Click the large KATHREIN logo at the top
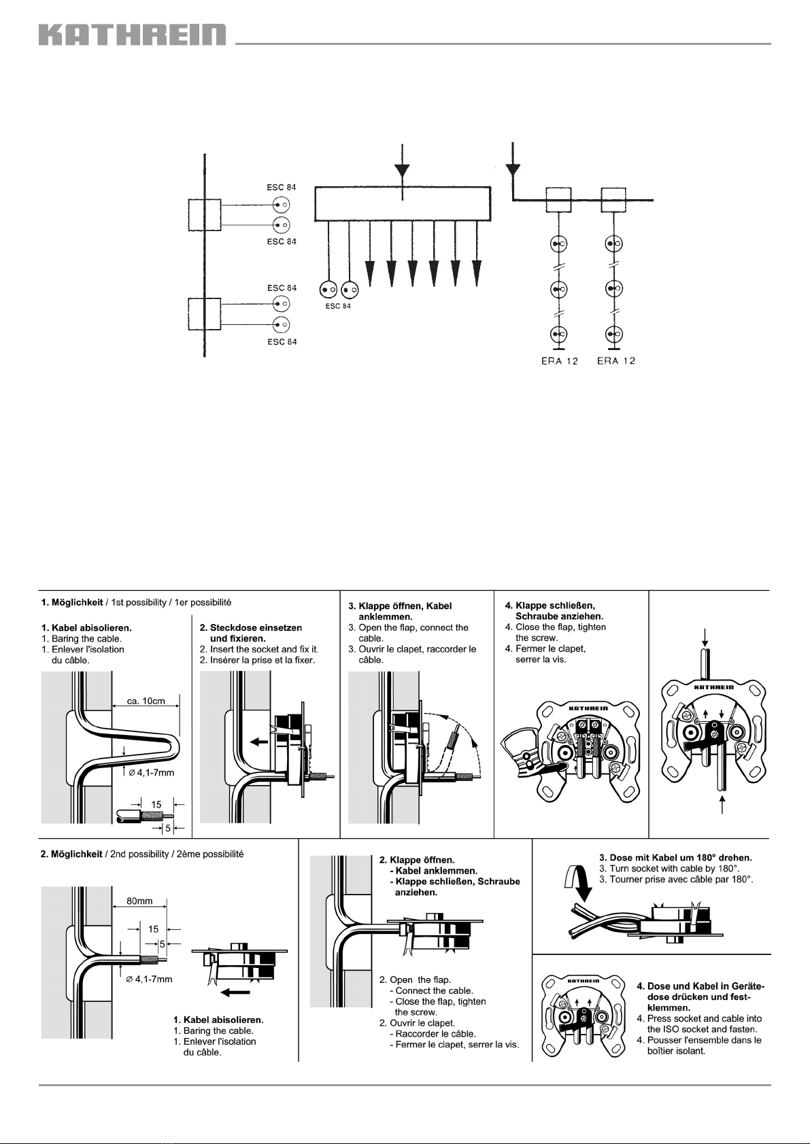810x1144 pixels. [132, 34]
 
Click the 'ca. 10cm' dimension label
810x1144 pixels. [146, 701]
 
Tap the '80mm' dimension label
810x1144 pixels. [139, 901]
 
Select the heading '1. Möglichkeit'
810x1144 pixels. [71, 603]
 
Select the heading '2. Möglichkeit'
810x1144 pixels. [71, 854]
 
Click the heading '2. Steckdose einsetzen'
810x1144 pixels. [251, 627]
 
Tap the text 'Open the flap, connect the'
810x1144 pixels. [414, 627]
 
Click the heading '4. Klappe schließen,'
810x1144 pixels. [550, 606]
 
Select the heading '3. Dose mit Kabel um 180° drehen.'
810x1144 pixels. [675, 857]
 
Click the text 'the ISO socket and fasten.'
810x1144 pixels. [702, 1029]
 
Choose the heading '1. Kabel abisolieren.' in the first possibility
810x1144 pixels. [86, 627]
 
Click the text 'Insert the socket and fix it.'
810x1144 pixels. [264, 650]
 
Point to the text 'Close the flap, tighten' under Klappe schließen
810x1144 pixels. [560, 627]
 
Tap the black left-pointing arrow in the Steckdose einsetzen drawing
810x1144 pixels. [259, 741]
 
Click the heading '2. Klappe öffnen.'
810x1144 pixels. [416, 860]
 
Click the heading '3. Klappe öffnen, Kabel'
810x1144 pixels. [400, 606]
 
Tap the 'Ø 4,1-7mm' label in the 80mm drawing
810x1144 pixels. [149, 980]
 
